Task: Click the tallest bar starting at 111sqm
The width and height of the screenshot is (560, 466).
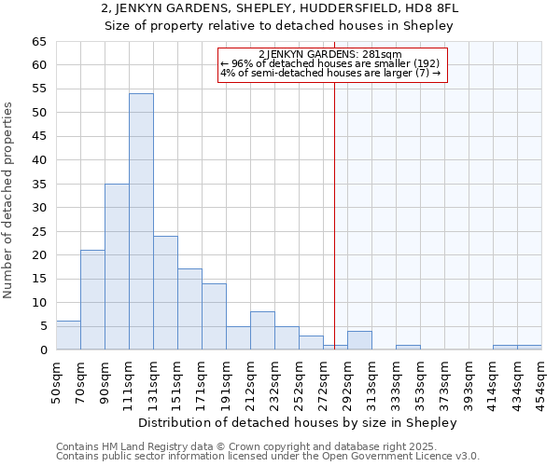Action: coord(141,222)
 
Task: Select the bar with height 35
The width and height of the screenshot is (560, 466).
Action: coord(117,267)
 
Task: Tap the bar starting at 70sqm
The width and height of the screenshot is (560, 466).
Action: coord(92,300)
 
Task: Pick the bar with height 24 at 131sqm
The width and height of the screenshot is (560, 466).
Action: coord(165,293)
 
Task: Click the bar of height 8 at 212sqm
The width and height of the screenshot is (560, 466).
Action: coord(262,331)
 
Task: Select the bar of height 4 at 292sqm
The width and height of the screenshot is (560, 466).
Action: coord(359,340)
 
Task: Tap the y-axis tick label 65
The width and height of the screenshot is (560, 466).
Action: coord(38,42)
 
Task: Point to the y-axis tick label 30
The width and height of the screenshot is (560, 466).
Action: coord(38,208)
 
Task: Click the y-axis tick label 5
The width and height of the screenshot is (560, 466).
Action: coord(42,326)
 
